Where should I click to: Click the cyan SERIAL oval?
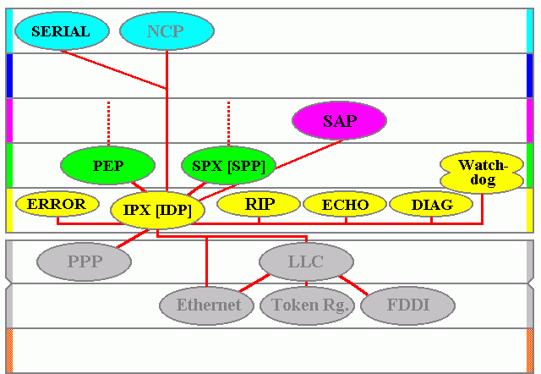point(60,31)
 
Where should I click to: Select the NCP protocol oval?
point(165,32)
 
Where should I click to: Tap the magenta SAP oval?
point(339,121)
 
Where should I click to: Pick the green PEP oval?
point(108,166)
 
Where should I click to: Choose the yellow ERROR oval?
point(57,204)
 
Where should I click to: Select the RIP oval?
point(259,204)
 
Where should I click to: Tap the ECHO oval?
point(344,204)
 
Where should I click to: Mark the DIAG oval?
point(431,204)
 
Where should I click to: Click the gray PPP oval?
point(84,261)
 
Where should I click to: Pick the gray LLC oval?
point(306,261)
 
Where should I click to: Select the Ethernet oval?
point(208,305)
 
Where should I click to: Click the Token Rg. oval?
point(306,305)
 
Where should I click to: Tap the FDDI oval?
point(407,305)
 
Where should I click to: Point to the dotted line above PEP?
point(108,123)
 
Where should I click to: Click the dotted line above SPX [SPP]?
point(228,123)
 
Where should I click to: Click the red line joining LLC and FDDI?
point(353,285)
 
